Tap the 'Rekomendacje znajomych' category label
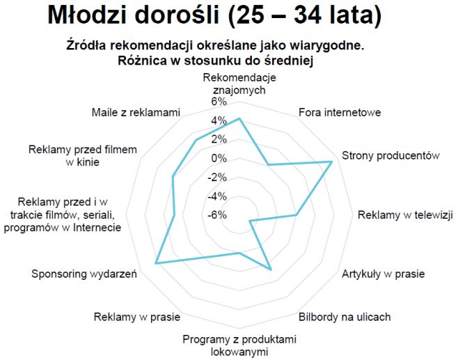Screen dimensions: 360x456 [239, 83]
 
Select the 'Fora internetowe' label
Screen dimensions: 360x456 [339, 112]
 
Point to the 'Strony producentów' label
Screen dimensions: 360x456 [391, 155]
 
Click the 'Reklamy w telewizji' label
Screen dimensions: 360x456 [404, 214]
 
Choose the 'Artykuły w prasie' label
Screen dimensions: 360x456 [383, 274]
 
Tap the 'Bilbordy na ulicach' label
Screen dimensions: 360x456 [345, 317]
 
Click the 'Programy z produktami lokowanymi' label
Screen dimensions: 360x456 [239, 345]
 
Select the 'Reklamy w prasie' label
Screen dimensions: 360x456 [137, 318]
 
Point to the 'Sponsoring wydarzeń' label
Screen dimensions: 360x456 [84, 274]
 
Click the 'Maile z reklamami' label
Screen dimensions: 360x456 [136, 112]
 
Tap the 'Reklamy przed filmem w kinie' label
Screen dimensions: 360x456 [83, 155]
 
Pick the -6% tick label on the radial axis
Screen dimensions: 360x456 [218, 214]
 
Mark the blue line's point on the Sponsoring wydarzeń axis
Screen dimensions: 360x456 [156, 263]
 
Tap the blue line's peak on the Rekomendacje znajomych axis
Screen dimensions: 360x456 [239, 119]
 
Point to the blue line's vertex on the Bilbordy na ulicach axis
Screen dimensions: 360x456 [270, 269]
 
